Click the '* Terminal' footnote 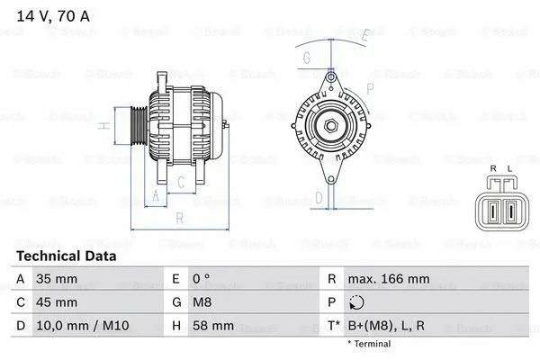(369, 344)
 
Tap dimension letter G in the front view (306, 59)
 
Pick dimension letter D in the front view (319, 198)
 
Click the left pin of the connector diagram (494, 213)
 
